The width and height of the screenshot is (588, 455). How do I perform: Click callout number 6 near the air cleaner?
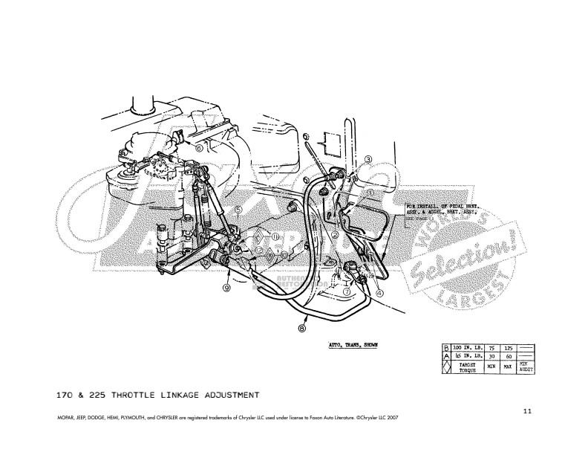coord(200,147)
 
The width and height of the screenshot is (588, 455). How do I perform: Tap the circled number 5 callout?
coord(238,210)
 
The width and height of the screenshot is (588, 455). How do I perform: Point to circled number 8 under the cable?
coord(302,326)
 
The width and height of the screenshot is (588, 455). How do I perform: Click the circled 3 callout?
coord(367,160)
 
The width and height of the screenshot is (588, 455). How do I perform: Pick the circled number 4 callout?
coord(379,293)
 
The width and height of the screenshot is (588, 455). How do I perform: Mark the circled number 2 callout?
coord(335,235)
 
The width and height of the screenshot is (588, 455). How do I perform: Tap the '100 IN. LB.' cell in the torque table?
coord(463,346)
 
